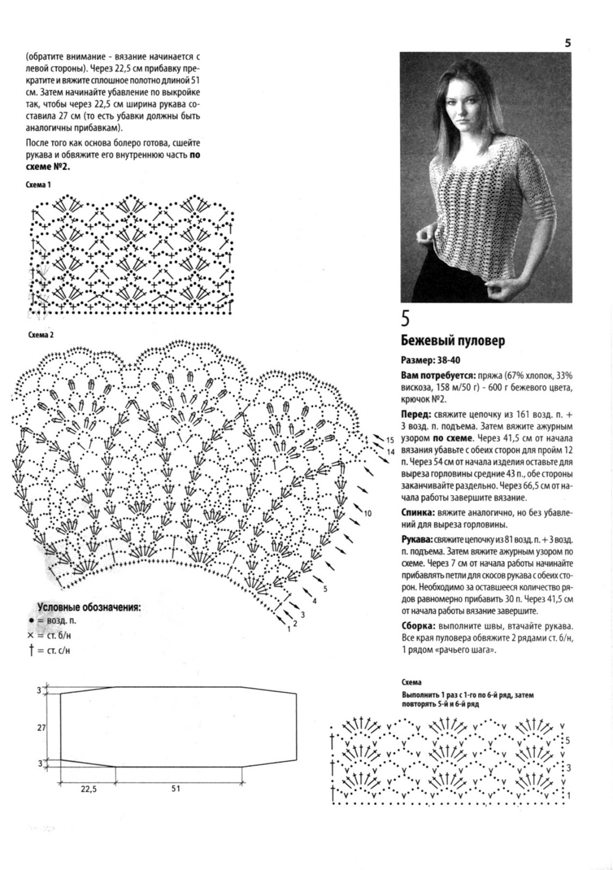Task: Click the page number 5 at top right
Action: pos(567,43)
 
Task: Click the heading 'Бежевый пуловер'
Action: pos(453,341)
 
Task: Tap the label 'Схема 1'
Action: pos(39,185)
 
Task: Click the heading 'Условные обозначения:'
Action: pos(89,607)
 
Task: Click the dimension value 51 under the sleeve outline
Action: pos(176,788)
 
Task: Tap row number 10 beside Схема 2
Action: pos(368,513)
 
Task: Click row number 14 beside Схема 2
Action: pos(390,451)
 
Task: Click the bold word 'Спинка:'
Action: pos(418,512)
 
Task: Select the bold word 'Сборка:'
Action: pos(418,625)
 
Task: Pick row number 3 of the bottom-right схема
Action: pos(568,768)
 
